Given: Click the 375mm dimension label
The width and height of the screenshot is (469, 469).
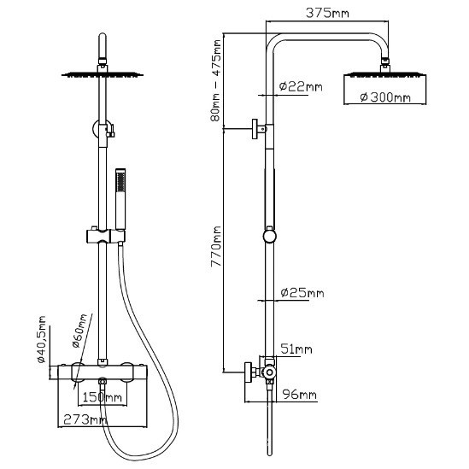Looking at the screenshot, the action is (327, 13).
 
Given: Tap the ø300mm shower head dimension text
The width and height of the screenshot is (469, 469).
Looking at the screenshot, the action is (385, 97).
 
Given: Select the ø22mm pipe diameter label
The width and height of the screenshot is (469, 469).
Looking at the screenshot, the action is (301, 87).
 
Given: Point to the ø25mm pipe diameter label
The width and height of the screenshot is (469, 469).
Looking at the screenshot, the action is (302, 293).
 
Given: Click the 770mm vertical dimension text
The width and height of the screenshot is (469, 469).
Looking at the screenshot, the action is (215, 246).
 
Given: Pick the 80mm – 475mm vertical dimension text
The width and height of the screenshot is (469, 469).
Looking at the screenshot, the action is (215, 80).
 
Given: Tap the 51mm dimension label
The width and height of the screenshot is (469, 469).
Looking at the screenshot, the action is (296, 349).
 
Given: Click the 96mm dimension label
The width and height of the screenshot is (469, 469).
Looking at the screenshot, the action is (299, 395).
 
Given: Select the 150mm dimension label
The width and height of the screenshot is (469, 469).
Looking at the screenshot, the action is (103, 397).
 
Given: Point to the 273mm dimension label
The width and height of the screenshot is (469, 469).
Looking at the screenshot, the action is (85, 420).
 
